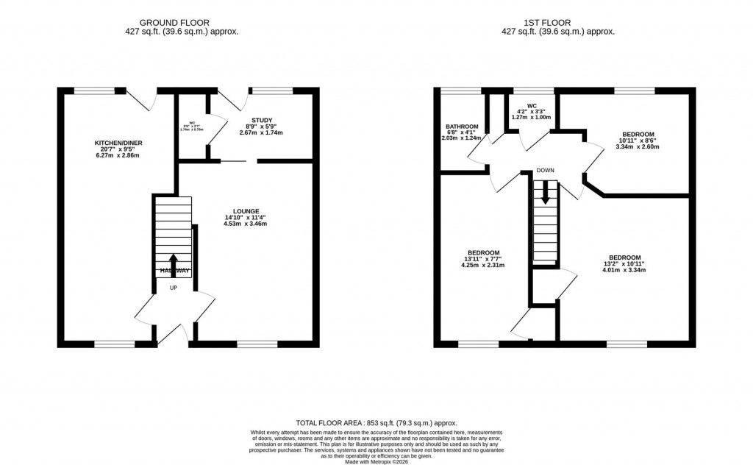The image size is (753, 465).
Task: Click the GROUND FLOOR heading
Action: pos(182,23)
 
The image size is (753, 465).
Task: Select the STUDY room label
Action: pos(263,119)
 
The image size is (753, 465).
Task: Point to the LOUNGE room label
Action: pos(245,211)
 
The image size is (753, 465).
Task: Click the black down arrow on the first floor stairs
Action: pos(545,192)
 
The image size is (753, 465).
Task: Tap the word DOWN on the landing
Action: pos(545,171)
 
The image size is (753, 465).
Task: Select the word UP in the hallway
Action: pos(174,288)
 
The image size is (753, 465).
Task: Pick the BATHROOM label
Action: pos(460,126)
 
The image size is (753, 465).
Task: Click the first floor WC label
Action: pos(532,105)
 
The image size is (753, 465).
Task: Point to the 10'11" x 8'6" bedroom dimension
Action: pos(636,141)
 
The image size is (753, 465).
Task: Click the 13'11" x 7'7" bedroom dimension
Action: pos(483,259)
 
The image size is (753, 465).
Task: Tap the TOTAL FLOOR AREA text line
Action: pos(376,423)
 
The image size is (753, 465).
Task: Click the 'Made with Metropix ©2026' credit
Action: pos(376,461)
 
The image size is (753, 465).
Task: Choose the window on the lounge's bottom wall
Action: pos(257,344)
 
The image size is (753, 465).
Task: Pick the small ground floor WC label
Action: pos(193,124)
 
